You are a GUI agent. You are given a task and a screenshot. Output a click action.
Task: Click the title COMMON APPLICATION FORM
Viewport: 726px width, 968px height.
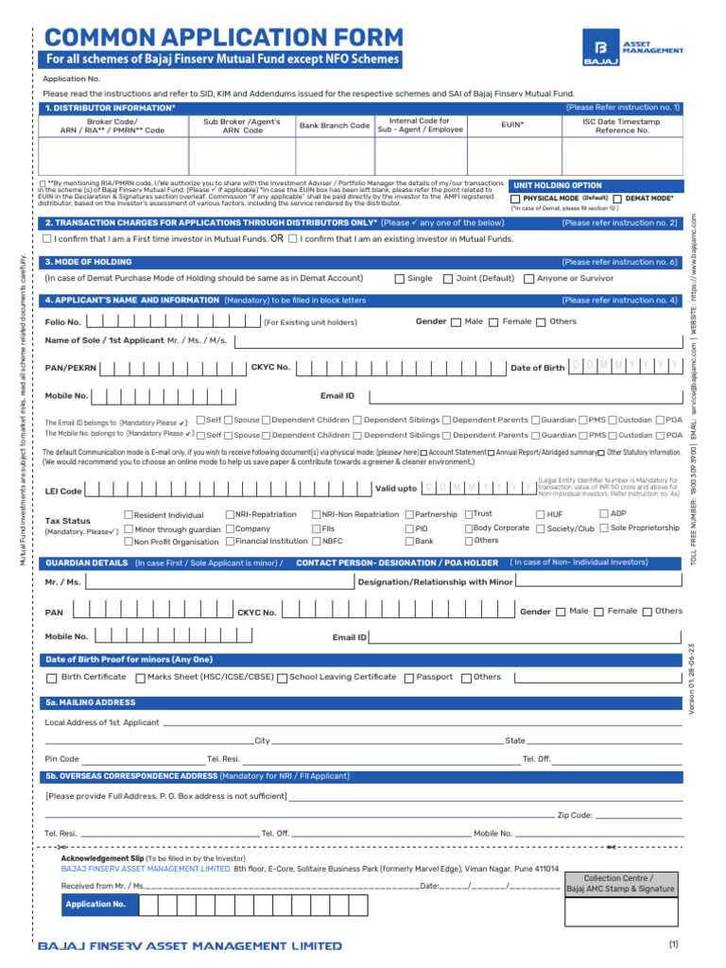coord(224,37)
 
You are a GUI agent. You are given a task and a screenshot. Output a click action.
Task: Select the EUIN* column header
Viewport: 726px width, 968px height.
coord(511,125)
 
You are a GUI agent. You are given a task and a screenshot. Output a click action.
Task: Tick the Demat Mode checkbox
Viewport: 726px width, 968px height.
coord(616,199)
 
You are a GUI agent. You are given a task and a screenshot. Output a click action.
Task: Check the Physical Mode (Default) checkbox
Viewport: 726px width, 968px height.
coord(515,199)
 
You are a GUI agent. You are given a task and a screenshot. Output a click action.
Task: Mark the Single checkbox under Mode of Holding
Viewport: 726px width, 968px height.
coord(399,279)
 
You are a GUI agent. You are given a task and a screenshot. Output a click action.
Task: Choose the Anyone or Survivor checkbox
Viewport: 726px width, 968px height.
coord(528,279)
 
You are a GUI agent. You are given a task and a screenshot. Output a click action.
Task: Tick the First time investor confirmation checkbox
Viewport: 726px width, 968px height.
coord(46,239)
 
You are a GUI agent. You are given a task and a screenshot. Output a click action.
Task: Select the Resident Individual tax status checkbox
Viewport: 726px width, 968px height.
coord(130,515)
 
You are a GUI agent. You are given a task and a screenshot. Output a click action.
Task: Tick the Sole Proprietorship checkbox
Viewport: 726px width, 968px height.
coord(604,528)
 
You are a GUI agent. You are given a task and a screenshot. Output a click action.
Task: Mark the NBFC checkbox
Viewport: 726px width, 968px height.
coord(317,542)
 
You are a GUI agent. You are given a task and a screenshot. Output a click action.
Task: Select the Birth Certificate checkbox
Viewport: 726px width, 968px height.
coord(51,678)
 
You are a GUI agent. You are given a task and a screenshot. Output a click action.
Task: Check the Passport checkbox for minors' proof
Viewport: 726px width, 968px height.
coord(409,678)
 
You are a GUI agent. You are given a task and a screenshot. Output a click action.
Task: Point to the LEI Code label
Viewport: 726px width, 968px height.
coord(63,492)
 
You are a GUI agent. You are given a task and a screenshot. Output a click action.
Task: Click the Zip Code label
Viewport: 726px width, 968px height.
coord(575,815)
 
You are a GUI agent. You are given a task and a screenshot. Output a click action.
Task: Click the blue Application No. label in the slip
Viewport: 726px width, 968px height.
coord(95,905)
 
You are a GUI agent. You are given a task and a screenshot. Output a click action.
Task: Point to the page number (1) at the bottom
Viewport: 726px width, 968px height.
coord(673,944)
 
